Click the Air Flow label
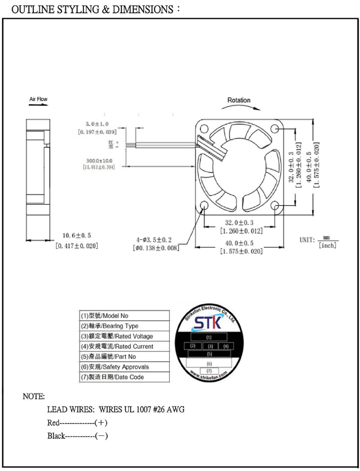point(38,99)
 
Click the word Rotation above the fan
point(239,100)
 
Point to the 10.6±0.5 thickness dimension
point(77,236)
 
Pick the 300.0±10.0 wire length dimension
point(99,161)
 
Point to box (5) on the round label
point(209,354)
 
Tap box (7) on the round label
point(209,370)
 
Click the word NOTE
point(34,396)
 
